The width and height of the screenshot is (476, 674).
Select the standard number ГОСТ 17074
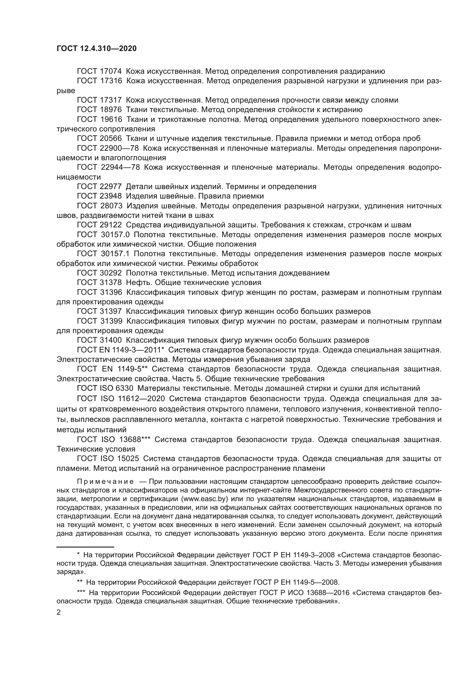(99, 71)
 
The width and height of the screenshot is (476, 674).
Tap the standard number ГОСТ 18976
(99, 110)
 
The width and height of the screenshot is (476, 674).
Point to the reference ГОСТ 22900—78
(108, 148)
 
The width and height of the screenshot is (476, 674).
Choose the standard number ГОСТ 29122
(99, 225)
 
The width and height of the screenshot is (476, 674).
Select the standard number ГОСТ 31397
(99, 311)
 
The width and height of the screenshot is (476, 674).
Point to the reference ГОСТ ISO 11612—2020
(121, 398)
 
